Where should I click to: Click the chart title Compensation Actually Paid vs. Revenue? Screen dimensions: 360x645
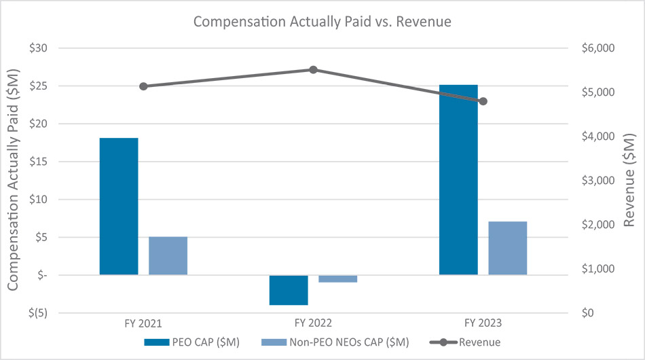322,22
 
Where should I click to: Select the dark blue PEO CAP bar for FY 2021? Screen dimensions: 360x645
119,206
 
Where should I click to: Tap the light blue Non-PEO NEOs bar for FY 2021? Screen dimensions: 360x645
168,255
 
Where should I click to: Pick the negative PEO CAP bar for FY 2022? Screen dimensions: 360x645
289,290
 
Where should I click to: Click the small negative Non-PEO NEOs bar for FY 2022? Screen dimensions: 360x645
337,278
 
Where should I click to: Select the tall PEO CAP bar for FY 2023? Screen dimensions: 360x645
458,180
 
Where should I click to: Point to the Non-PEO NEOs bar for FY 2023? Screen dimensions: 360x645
507,248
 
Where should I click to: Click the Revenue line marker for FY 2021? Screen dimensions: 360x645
143,86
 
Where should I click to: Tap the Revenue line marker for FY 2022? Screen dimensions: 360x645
313,69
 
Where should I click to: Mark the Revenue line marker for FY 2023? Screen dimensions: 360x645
483,101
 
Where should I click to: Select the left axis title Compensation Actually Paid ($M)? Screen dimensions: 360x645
13,180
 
